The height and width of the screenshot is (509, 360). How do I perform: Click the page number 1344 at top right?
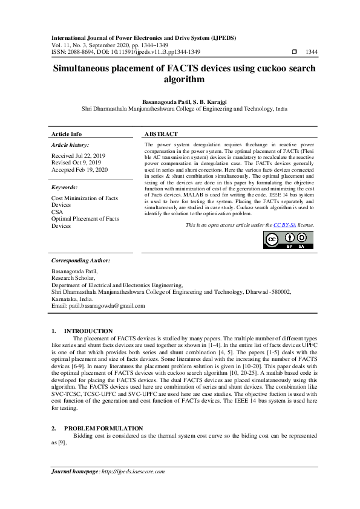coord(312,52)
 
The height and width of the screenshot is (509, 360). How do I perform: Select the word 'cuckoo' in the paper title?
coord(260,70)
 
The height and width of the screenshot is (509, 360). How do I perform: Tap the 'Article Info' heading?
coord(67,134)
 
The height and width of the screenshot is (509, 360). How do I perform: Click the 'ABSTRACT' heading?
coord(162,134)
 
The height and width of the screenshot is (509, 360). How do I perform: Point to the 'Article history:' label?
coord(70,145)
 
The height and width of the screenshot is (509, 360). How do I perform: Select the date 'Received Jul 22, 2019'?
coord(79,156)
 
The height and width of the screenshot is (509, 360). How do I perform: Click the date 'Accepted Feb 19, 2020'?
coord(80,170)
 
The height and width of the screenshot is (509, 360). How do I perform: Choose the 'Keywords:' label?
coord(65,187)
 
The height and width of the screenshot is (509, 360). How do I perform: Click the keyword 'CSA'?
coord(57,212)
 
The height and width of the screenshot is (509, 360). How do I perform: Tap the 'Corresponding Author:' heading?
coord(80,260)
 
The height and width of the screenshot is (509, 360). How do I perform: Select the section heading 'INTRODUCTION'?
coord(88,331)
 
